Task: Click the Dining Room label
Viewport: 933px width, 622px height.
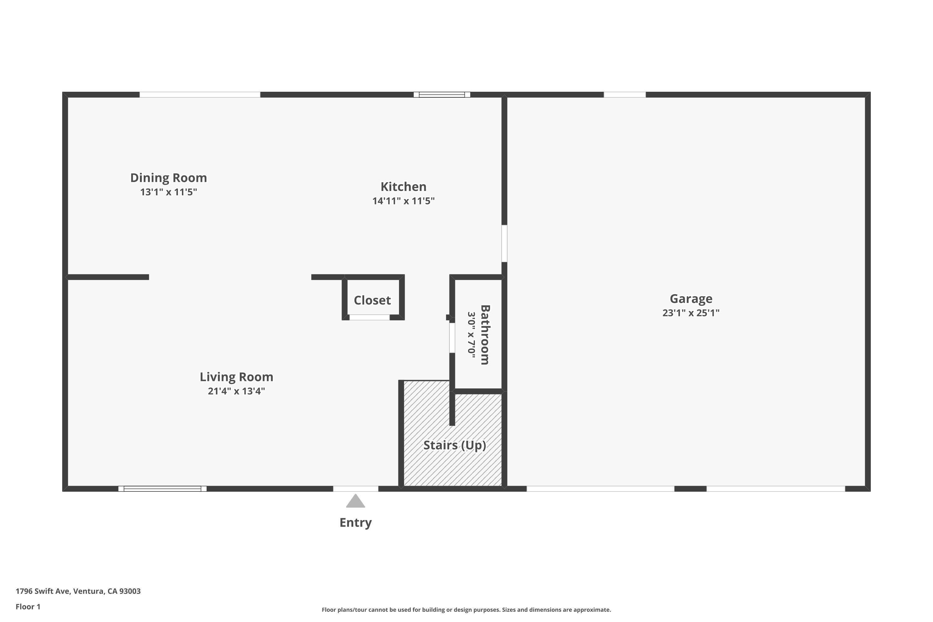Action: click(169, 178)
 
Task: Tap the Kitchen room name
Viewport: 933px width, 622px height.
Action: click(403, 186)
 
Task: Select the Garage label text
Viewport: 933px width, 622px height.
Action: click(691, 298)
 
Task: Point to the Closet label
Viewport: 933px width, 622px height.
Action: click(372, 300)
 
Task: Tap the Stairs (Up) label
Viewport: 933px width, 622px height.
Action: click(455, 445)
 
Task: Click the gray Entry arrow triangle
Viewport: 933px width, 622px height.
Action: click(355, 501)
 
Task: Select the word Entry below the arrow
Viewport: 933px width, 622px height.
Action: click(355, 522)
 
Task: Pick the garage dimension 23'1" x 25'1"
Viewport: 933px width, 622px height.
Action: click(691, 313)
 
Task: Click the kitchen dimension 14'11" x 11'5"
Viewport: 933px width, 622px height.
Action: click(403, 201)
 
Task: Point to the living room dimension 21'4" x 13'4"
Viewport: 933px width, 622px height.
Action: click(236, 391)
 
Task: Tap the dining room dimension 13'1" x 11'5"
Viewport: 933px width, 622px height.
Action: click(169, 192)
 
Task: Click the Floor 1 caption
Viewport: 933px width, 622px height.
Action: click(28, 606)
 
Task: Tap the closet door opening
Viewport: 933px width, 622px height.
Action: click(369, 317)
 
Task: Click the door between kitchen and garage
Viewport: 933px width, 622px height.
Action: click(504, 243)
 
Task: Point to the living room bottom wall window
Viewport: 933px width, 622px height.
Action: click(162, 489)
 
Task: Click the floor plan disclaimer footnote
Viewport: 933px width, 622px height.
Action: click(466, 610)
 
